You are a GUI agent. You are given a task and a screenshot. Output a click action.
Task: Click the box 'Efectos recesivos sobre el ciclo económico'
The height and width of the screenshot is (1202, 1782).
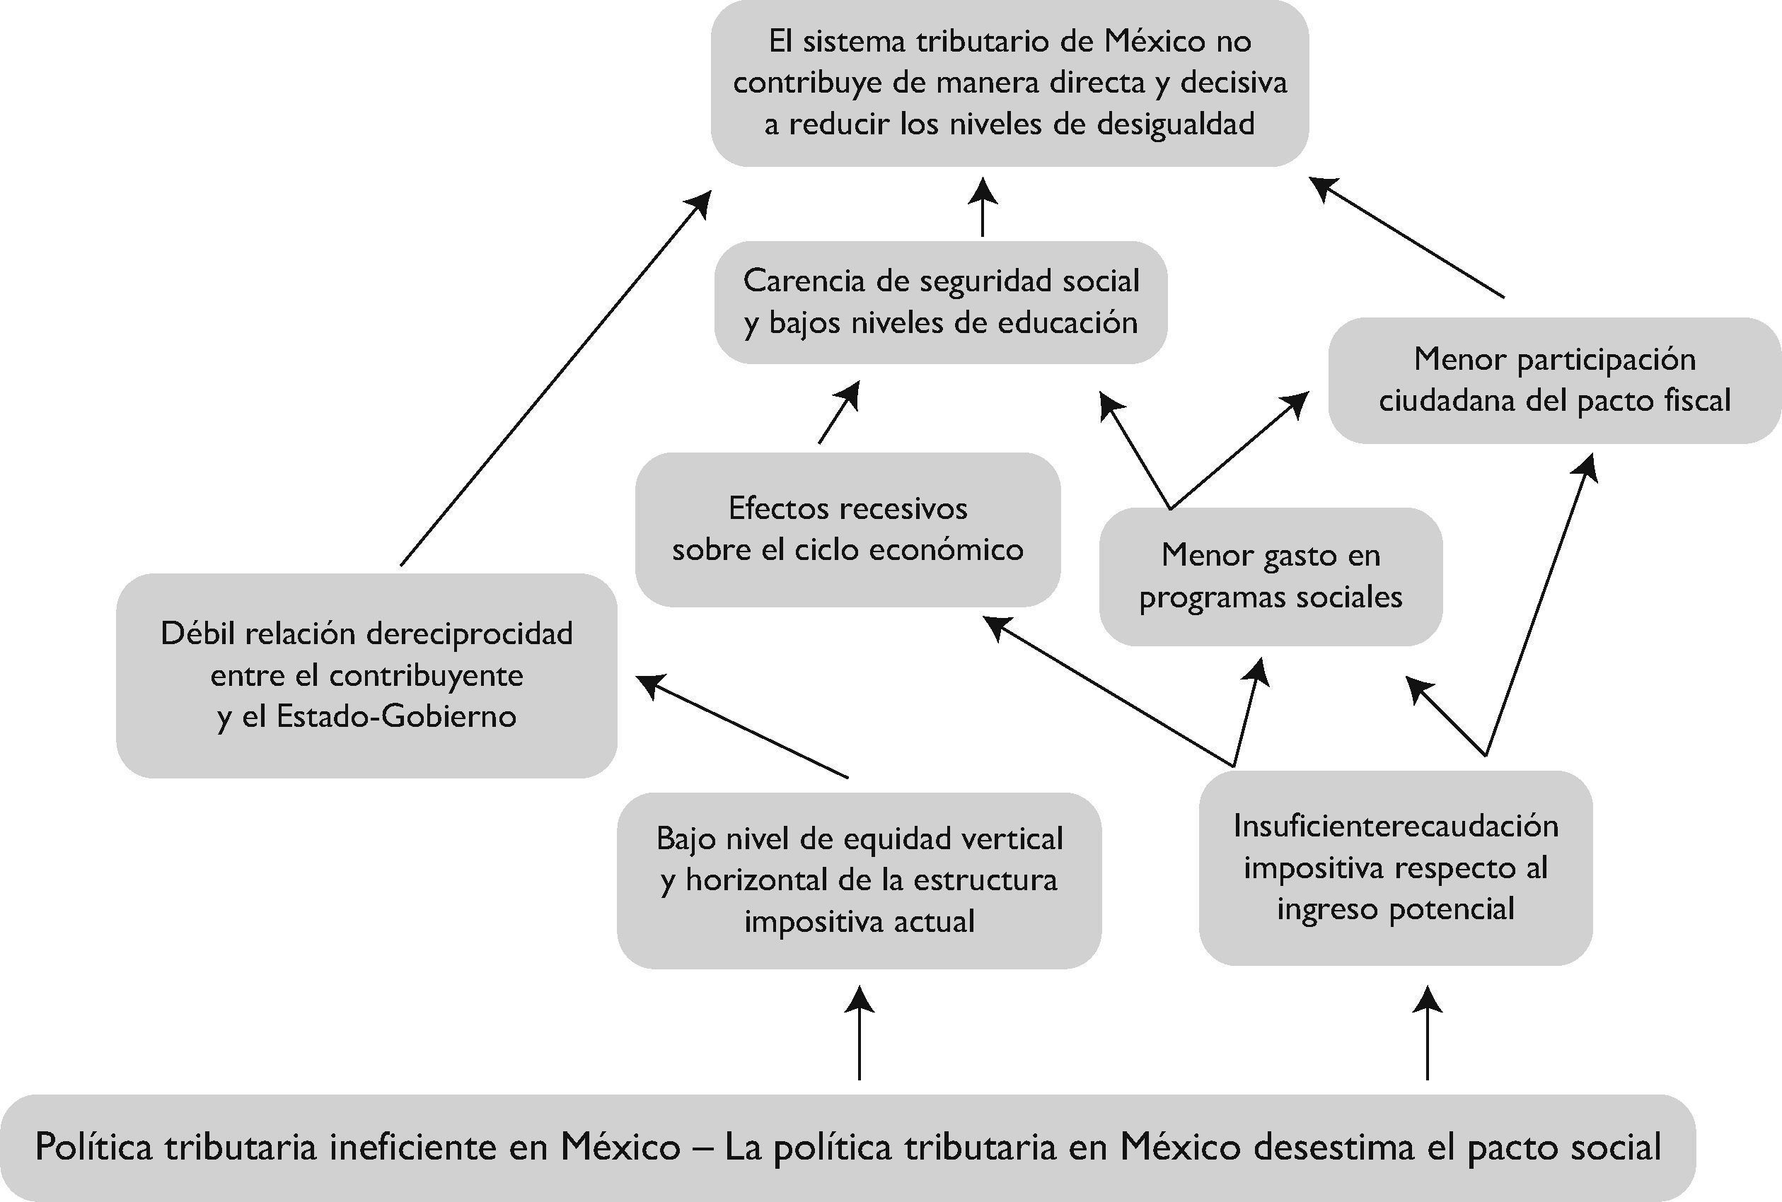(847, 529)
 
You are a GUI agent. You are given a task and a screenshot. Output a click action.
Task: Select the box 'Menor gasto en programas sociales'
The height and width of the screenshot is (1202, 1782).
(1271, 576)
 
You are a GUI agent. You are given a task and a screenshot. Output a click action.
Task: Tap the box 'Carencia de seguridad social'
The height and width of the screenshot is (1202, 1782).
(941, 302)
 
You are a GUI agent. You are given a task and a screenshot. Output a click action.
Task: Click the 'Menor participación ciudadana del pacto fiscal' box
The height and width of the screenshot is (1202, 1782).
(1554, 380)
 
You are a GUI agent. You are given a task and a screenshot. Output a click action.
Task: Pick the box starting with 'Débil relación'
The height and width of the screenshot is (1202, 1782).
(366, 675)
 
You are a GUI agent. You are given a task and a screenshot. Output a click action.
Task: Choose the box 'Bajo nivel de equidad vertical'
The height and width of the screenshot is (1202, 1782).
(859, 880)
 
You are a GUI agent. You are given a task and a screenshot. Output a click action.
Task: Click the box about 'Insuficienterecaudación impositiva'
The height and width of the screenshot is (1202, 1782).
(1396, 868)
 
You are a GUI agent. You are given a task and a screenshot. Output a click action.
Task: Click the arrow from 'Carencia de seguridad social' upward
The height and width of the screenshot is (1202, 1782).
(982, 207)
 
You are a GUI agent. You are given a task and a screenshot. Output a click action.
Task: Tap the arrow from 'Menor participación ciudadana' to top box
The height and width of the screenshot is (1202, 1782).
(1406, 237)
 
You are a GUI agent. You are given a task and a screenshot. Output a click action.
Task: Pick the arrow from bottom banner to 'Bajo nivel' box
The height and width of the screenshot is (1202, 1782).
(859, 1033)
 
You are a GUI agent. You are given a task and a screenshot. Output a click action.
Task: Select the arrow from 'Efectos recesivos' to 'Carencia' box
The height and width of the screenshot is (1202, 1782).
(838, 412)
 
